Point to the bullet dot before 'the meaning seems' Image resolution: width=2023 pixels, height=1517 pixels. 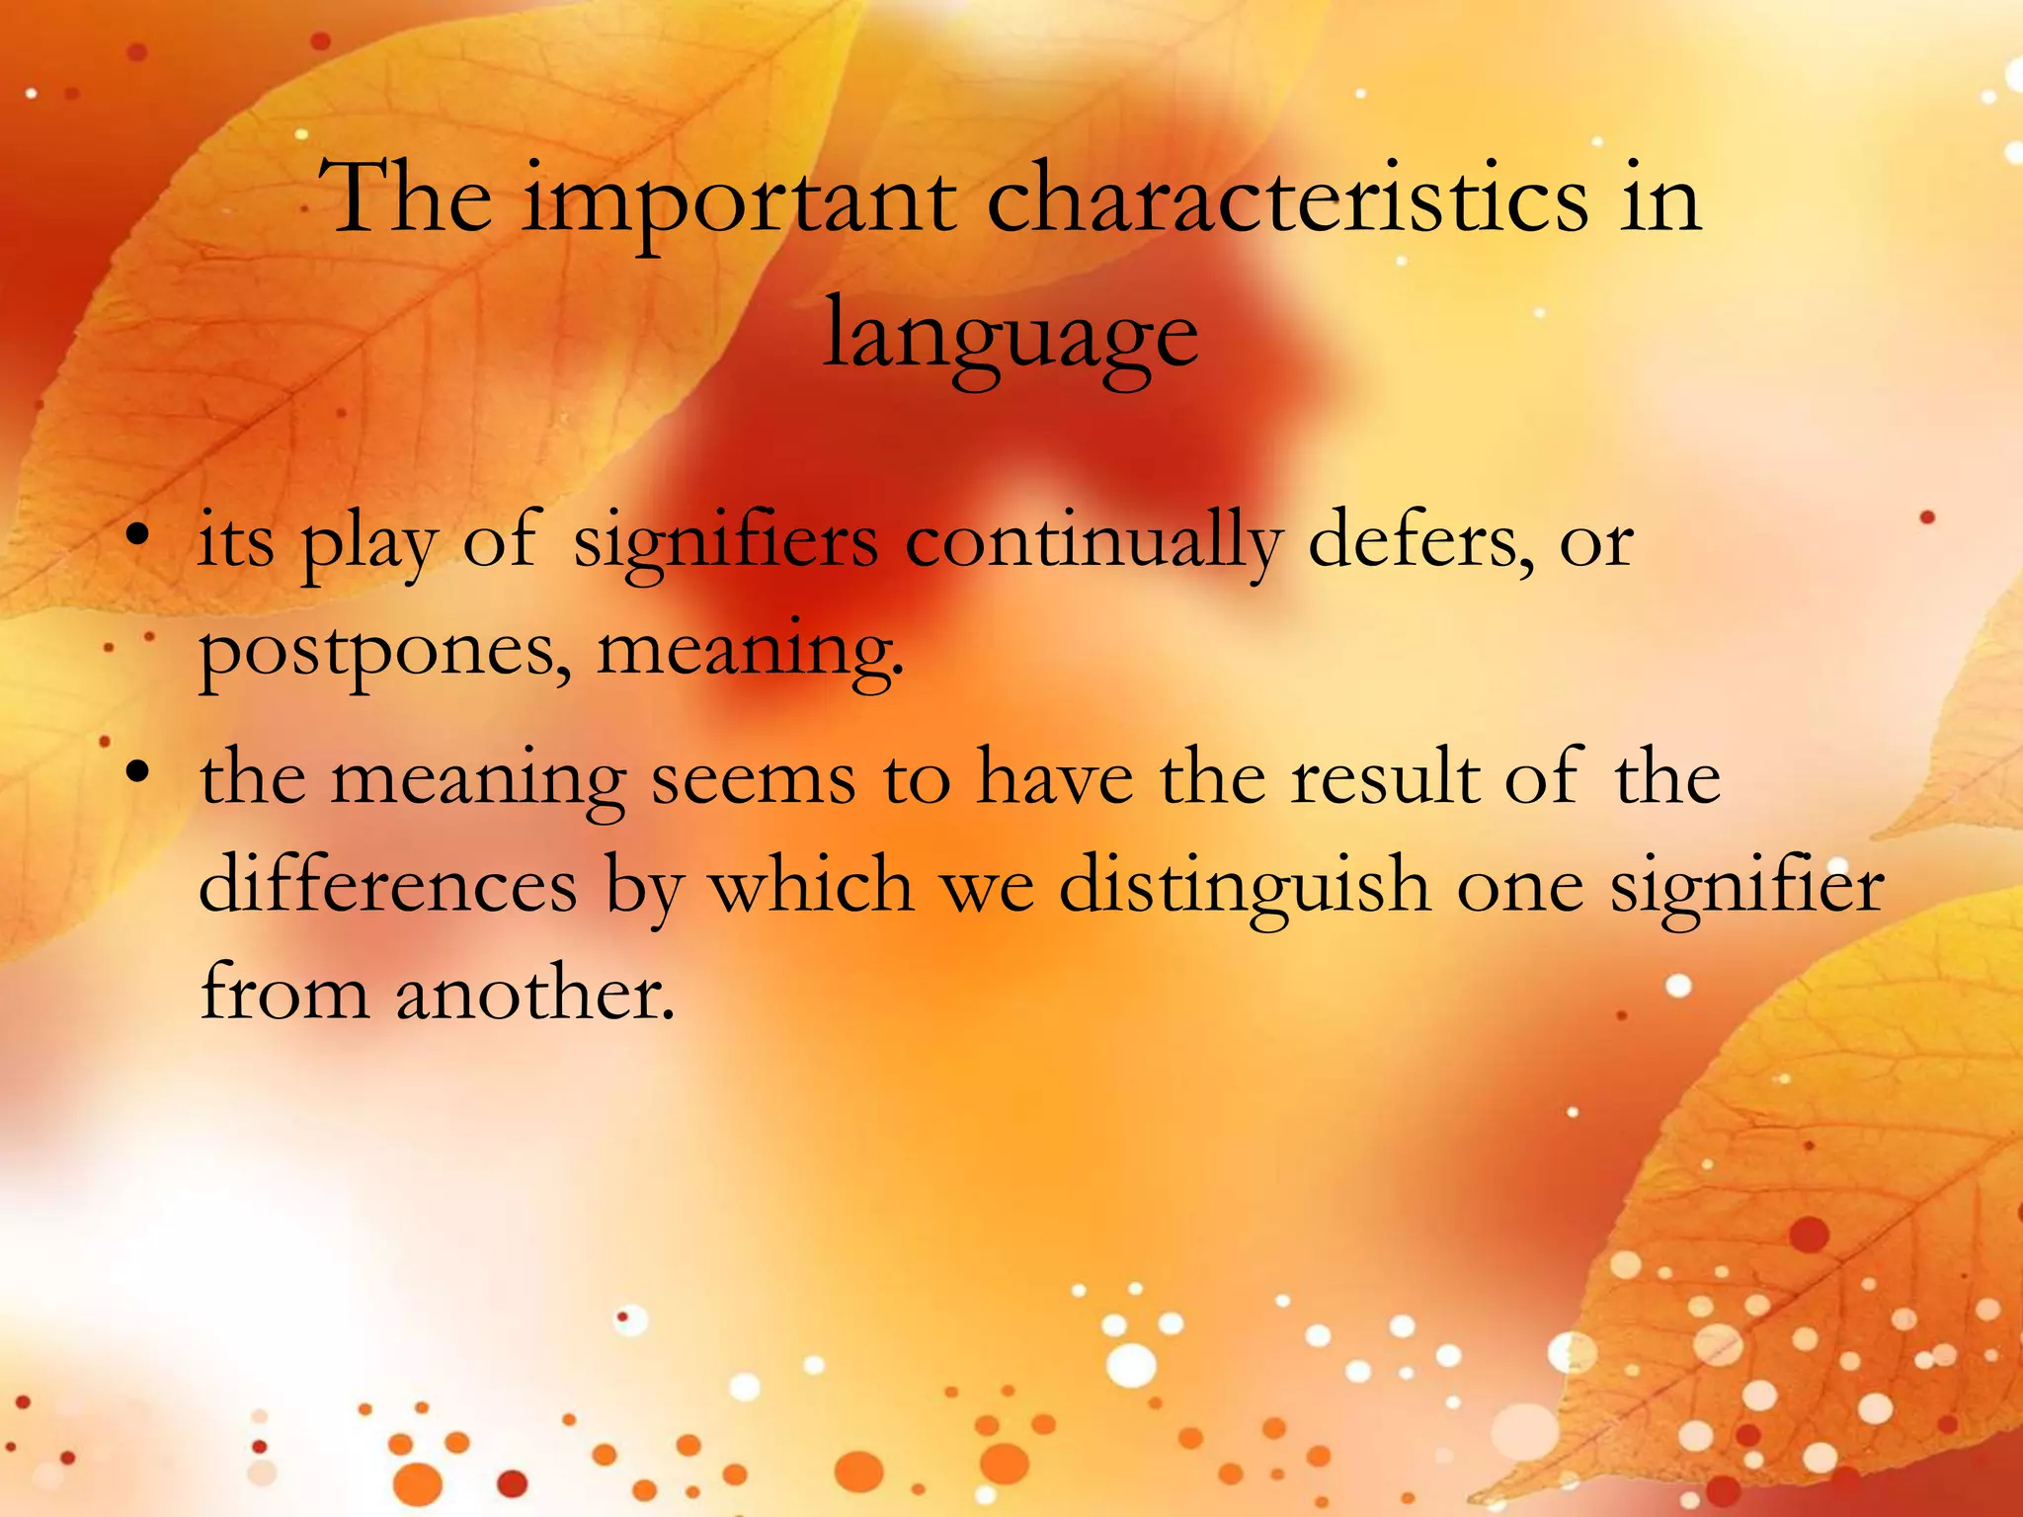138,773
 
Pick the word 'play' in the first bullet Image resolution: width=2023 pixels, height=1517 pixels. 368,543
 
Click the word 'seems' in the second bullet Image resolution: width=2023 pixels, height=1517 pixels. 753,778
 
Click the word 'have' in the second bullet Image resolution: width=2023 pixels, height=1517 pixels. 1054,776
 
